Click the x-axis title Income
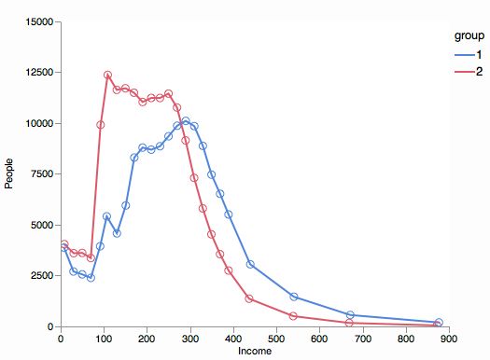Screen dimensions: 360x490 pyautogui.click(x=255, y=352)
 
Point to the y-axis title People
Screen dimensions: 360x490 pyautogui.click(x=9, y=173)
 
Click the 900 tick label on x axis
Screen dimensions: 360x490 pyautogui.click(x=449, y=339)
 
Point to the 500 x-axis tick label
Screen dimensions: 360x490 pyautogui.click(x=276, y=339)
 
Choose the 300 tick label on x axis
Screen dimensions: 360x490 pyautogui.click(x=190, y=339)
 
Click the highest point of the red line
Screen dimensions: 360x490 pyautogui.click(x=107, y=75)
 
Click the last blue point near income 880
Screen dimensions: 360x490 pyautogui.click(x=439, y=323)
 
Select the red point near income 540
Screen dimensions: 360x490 pyautogui.click(x=293, y=316)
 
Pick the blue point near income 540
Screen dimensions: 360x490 pyautogui.click(x=293, y=297)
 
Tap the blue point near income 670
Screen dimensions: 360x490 pyautogui.click(x=350, y=315)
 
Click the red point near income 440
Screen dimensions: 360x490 pyautogui.click(x=249, y=298)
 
